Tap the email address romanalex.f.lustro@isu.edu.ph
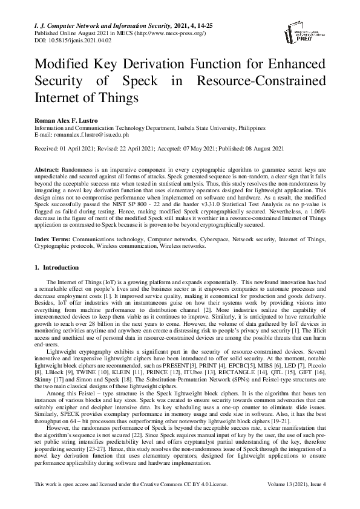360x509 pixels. [x=86, y=135]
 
